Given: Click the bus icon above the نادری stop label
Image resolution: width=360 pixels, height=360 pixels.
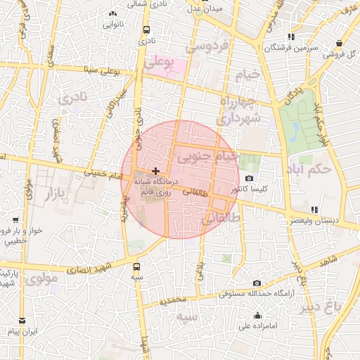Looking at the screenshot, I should tap(146, 30).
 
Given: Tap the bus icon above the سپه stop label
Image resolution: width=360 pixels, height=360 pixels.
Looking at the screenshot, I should tap(136, 266).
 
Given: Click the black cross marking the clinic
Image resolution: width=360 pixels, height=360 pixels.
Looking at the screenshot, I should tap(155, 171).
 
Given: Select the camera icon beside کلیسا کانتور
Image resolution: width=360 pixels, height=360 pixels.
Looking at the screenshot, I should tap(250, 179).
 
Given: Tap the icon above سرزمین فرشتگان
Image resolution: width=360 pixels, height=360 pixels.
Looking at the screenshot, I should tap(291, 37).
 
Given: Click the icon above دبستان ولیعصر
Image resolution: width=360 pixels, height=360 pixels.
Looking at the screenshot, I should tap(314, 209).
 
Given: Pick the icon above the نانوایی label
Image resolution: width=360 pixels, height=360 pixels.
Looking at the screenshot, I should tap(112, 13).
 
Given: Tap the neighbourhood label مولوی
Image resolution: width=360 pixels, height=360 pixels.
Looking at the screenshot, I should tap(44, 279).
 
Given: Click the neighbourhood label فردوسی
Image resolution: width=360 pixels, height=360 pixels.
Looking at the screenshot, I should tap(207, 47).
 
